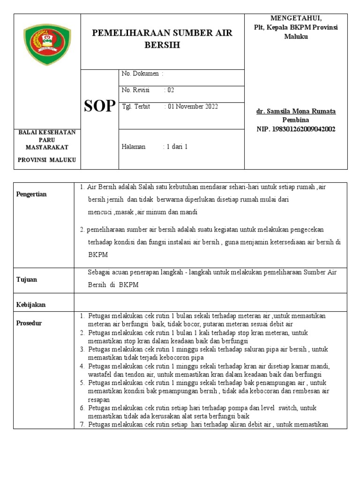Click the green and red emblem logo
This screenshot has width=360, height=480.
47,45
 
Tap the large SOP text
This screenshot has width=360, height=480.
99,106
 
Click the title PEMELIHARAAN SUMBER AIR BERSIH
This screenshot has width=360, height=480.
162,38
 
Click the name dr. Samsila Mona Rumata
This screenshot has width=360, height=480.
296,112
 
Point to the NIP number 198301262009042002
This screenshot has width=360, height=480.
296,129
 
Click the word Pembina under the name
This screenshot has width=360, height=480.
296,120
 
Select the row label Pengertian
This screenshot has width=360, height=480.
31,194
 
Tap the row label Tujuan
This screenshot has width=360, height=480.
27,279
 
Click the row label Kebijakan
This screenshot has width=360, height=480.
31,305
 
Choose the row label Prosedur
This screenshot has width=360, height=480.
29,323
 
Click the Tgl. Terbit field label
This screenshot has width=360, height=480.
136,106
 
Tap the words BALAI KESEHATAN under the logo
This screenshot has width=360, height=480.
47,133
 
